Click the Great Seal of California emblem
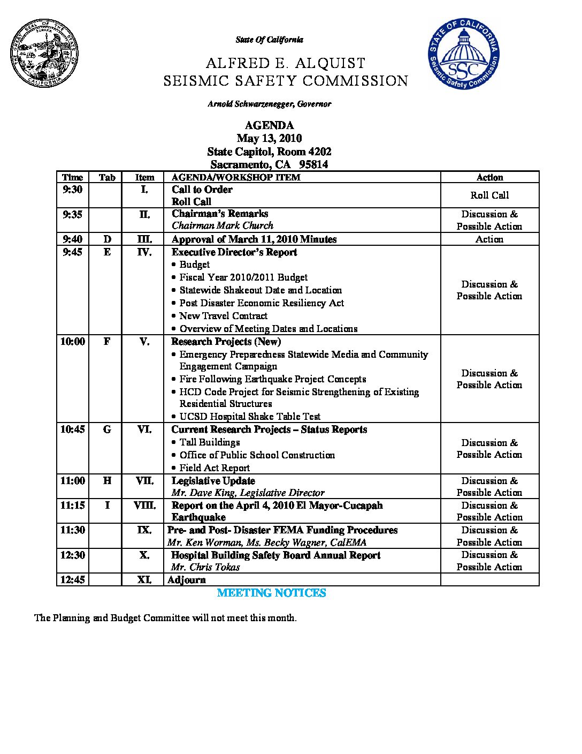(44, 54)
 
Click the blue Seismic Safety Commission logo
(463, 54)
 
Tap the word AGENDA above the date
(269, 125)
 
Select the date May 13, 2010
(269, 138)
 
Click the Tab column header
(107, 177)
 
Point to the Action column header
(489, 177)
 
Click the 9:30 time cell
(73, 190)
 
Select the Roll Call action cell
(489, 195)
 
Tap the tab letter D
(107, 239)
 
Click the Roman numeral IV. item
(144, 252)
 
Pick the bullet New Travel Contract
(223, 316)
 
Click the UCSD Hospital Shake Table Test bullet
(250, 417)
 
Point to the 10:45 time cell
(73, 429)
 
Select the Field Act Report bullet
(215, 468)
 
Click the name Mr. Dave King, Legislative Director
(248, 493)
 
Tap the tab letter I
(107, 505)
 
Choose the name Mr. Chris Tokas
(205, 567)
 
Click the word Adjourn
(186, 579)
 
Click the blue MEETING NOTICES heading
(271, 593)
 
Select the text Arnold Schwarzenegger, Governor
(269, 104)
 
